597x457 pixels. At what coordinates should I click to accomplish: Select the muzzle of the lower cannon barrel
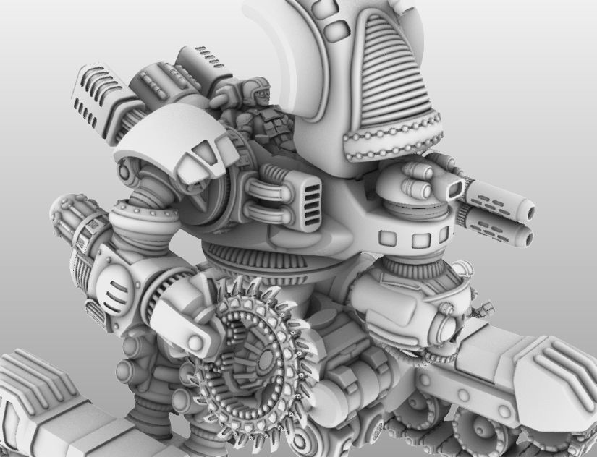(x=527, y=236)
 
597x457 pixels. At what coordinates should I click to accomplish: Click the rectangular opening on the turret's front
(x=455, y=189)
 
